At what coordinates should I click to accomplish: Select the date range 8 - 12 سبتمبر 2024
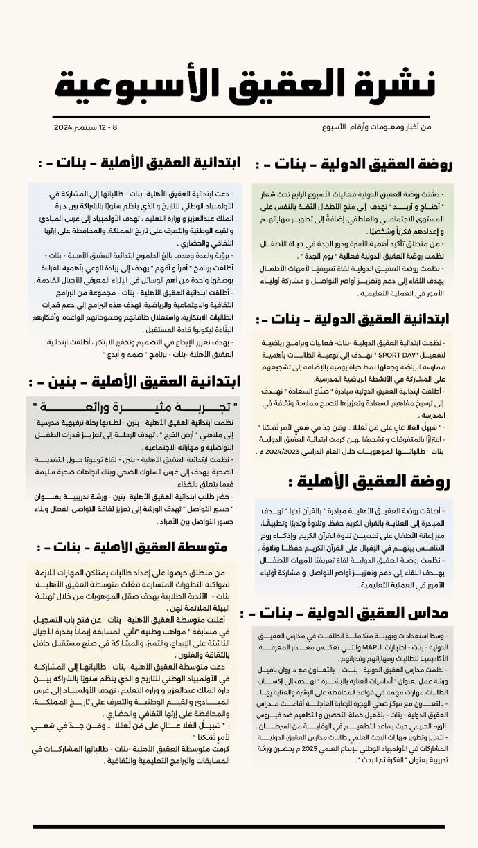coord(87,128)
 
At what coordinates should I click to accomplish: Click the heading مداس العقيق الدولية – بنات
coord(353,612)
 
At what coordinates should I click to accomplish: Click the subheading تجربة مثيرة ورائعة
coord(134,406)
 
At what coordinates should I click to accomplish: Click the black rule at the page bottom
coord(238,827)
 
